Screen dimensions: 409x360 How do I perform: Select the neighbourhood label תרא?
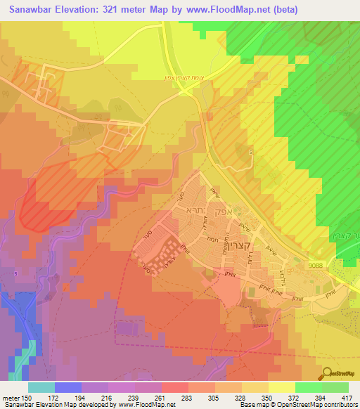(194, 210)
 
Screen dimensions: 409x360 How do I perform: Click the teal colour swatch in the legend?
(41, 387)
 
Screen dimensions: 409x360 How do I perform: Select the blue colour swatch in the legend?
(68, 387)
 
